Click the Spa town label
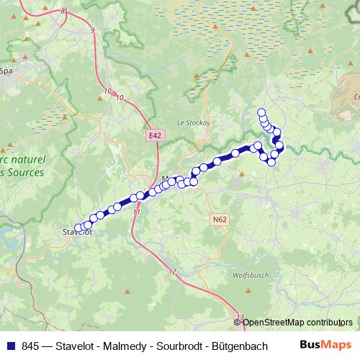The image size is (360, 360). pos(7,71)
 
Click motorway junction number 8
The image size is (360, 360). pos(63,12)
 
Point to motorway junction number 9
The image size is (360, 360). pos(93,30)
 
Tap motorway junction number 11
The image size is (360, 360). pos(137,212)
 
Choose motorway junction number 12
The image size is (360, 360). pos(171,271)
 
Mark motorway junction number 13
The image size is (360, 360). pos(240,317)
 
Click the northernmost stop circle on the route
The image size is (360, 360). pos(261,112)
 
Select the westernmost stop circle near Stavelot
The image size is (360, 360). pos(78,228)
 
